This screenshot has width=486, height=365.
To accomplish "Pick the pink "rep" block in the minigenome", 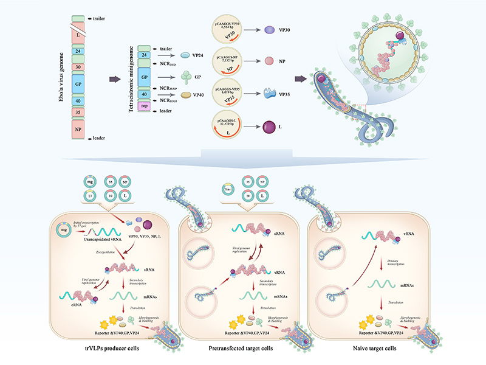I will pos(144,105).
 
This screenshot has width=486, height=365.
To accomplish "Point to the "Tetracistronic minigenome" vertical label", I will pos(129,78).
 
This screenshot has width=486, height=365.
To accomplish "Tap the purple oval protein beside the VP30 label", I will pos(269,29).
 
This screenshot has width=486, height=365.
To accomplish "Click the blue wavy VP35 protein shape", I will pos(269,93).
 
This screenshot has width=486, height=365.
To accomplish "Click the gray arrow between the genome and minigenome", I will pos(112,78).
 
